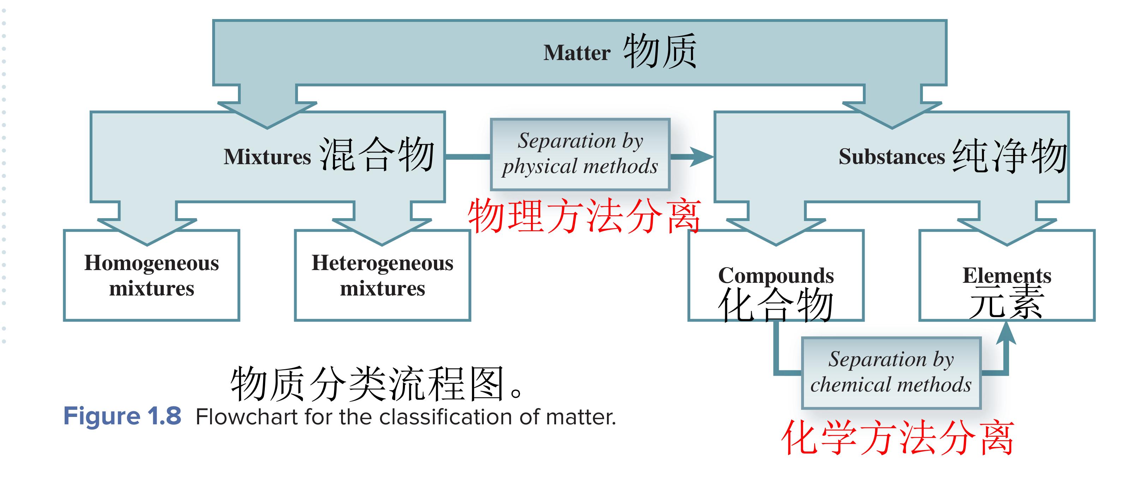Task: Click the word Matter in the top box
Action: pyautogui.click(x=577, y=53)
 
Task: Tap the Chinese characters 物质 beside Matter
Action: pyautogui.click(x=660, y=51)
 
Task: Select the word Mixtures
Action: pyautogui.click(x=267, y=156)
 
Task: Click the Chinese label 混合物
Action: pyautogui.click(x=377, y=154)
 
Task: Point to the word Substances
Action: pyautogui.click(x=892, y=156)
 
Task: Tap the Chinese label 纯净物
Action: pyautogui.click(x=1009, y=156)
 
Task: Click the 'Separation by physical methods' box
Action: pyautogui.click(x=580, y=154)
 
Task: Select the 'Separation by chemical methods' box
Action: pyautogui.click(x=891, y=372)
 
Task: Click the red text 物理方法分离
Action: pyautogui.click(x=584, y=216)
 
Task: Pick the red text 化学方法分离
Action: pyautogui.click(x=898, y=438)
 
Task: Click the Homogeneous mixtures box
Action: pyautogui.click(x=151, y=275)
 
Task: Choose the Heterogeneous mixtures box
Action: pyautogui.click(x=382, y=275)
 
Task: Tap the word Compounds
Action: pyautogui.click(x=776, y=275)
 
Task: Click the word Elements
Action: pyautogui.click(x=1007, y=275)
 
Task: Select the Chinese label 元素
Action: pyautogui.click(x=1007, y=302)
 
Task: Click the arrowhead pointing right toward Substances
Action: pyautogui.click(x=702, y=156)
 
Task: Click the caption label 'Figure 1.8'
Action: pyautogui.click(x=122, y=416)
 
